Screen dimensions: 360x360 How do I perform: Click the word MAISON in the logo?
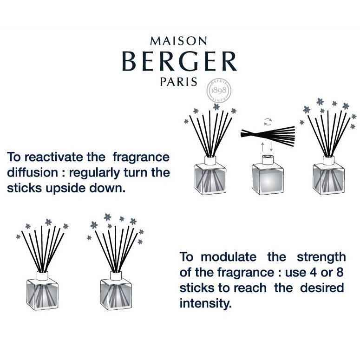point(178,41)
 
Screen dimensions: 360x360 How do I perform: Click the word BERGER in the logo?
point(179,61)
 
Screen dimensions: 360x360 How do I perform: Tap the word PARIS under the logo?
point(179,82)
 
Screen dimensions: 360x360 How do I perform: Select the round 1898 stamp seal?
point(219,91)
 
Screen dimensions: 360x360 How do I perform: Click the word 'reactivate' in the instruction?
point(53,157)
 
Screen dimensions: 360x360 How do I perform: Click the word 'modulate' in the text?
point(229,257)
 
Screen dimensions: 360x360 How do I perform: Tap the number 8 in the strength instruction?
point(340,272)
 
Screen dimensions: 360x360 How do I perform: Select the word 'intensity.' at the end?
point(205,303)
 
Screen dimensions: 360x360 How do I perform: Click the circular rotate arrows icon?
point(268,122)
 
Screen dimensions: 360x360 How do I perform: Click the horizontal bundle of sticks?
point(268,136)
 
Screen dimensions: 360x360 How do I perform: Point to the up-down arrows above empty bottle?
point(267,147)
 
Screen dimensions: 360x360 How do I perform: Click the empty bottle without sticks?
point(268,175)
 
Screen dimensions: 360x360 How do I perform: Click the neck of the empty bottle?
point(268,160)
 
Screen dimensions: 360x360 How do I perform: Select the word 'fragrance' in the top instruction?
point(141,158)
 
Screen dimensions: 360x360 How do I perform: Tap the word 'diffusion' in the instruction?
point(33,173)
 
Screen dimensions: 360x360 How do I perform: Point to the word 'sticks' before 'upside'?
point(24,188)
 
